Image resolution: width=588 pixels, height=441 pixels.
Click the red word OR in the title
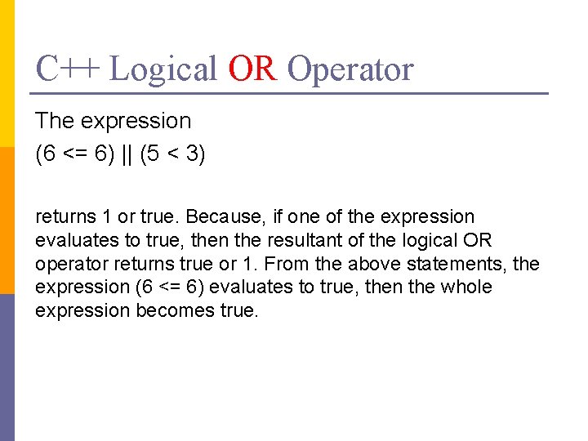253,69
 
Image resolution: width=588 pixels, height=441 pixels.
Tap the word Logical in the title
163,69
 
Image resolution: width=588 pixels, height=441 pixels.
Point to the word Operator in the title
350,69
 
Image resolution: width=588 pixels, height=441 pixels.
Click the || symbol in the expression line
127,155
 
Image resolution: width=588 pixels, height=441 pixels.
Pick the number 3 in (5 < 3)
193,155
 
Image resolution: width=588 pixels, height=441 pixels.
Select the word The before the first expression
56,121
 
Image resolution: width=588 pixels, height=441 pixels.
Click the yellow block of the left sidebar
7,73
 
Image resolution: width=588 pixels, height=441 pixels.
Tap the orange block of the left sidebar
7,220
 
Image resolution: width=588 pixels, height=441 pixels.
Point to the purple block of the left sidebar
7,367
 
